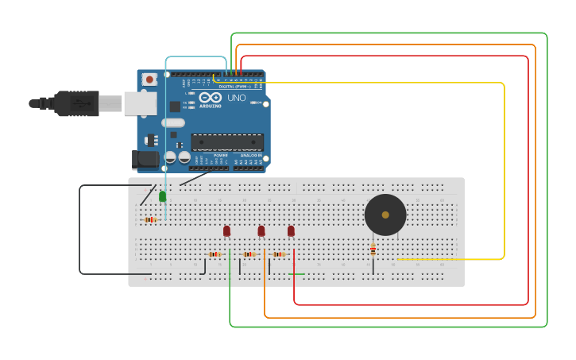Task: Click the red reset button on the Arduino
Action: click(x=149, y=79)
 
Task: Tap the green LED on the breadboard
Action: click(x=162, y=196)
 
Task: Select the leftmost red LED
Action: click(x=226, y=230)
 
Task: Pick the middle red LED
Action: click(x=261, y=230)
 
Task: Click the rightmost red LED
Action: click(x=291, y=230)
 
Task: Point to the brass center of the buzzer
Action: click(x=385, y=215)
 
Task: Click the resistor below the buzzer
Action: click(x=373, y=250)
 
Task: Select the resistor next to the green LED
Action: click(x=149, y=219)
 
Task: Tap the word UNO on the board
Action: click(x=237, y=98)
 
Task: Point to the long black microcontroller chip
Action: click(x=227, y=142)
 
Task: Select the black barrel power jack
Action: click(x=145, y=159)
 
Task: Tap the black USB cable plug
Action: click(x=76, y=103)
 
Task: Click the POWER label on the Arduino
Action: click(x=209, y=155)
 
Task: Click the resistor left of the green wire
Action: click(x=214, y=254)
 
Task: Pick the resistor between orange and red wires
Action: click(x=279, y=254)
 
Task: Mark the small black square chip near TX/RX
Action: click(x=175, y=106)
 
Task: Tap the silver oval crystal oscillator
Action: click(x=173, y=123)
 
